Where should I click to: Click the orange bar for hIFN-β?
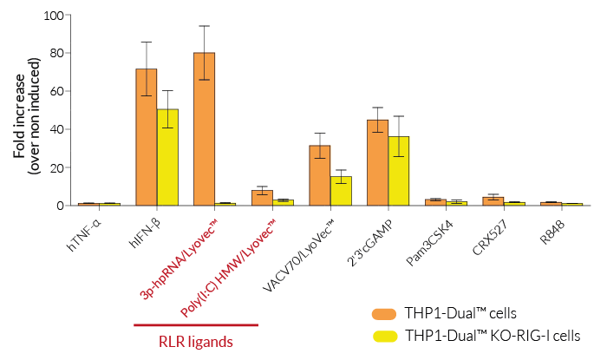click(x=147, y=137)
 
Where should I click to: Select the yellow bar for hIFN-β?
click(x=167, y=157)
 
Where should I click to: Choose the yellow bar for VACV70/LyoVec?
click(x=341, y=190)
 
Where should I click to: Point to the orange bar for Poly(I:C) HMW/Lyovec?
click(x=262, y=198)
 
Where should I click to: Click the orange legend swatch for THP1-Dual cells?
click(x=381, y=312)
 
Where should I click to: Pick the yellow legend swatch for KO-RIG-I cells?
click(x=381, y=335)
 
